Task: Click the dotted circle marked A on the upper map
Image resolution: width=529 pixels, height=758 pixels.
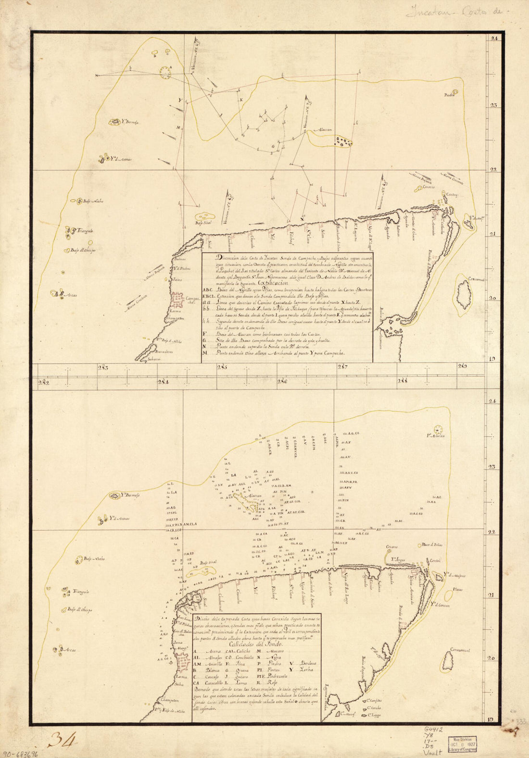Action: point(165,72)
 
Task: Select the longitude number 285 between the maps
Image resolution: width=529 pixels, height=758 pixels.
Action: point(222,368)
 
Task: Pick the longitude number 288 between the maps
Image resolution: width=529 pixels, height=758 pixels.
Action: point(402,381)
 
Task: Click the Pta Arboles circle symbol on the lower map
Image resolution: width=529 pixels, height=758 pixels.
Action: point(438,430)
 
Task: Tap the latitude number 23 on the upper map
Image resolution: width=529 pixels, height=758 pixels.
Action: point(493,105)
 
